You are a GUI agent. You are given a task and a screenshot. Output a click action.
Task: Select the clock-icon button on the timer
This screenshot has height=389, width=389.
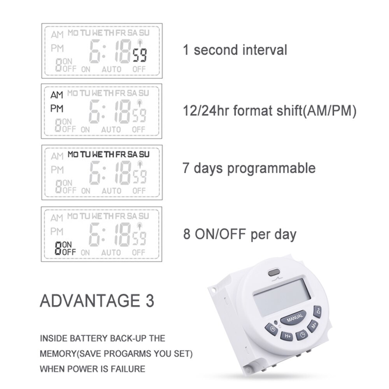301,335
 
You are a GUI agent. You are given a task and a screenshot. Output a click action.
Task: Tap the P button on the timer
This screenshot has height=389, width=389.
271,329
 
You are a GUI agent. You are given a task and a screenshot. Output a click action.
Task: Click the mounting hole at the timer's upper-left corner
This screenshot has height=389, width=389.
212,290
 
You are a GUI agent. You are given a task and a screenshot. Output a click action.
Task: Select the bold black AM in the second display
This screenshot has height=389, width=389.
57,95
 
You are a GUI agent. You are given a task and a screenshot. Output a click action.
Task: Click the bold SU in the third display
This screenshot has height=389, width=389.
144,154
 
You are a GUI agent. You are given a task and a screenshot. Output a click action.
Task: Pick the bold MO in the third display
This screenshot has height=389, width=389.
73,154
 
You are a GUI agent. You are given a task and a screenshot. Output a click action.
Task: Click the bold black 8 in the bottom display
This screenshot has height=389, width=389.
58,248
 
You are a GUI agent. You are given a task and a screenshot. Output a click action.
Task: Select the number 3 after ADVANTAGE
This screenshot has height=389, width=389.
149,301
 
